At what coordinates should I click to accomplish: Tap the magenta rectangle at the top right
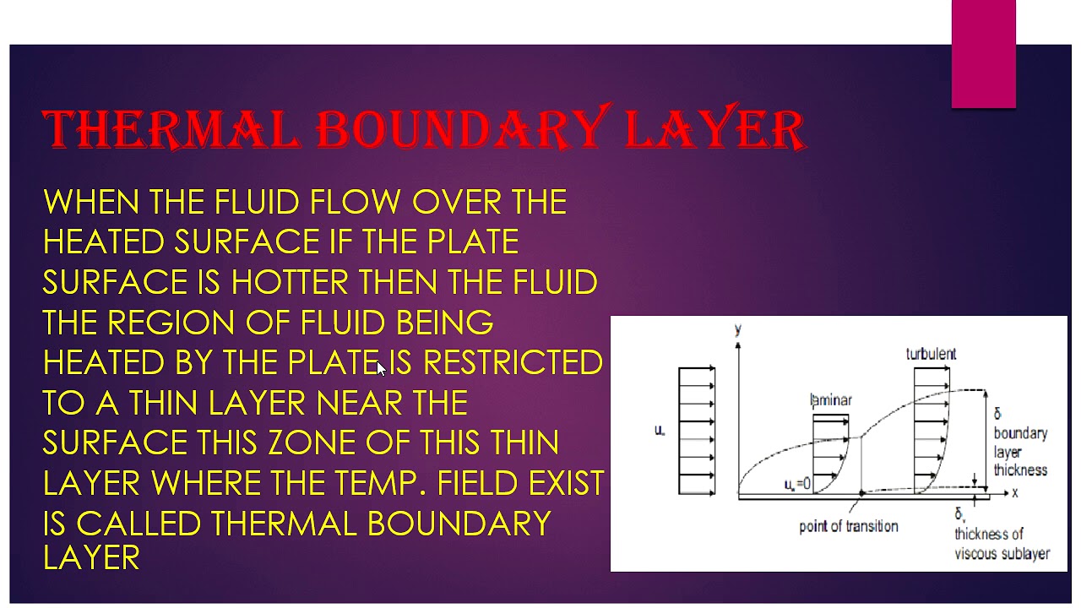click(983, 54)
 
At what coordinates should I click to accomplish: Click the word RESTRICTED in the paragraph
click(513, 362)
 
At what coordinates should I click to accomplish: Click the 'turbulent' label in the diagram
click(931, 354)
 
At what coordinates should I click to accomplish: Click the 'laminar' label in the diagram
click(831, 400)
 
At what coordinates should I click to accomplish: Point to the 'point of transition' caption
click(848, 526)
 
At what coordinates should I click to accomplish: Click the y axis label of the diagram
click(738, 328)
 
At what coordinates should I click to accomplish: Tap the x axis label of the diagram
click(1014, 491)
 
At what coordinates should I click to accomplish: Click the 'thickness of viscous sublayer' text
click(1001, 544)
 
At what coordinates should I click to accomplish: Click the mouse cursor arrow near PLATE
click(382, 368)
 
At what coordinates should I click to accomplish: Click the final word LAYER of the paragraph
click(90, 557)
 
